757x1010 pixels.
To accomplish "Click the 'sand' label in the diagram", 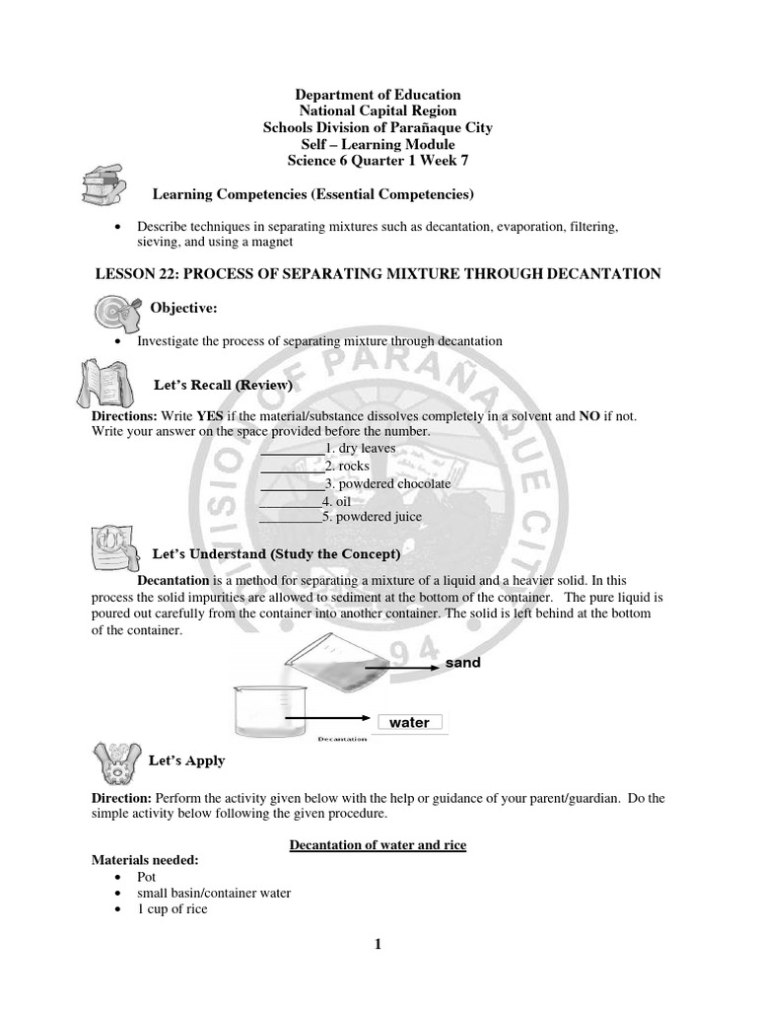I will pyautogui.click(x=462, y=663).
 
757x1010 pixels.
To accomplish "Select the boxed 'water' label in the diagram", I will pyautogui.click(x=409, y=722).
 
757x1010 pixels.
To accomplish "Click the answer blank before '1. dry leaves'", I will pyautogui.click(x=292, y=449).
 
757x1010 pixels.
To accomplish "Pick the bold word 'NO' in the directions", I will pyautogui.click(x=589, y=417).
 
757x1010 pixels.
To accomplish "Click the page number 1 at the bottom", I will pyautogui.click(x=377, y=945).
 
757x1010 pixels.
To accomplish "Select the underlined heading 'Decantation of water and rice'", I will pyautogui.click(x=378, y=845).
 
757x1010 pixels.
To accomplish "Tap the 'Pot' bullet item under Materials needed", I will pyautogui.click(x=147, y=876).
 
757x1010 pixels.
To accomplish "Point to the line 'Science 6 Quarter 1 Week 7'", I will pyautogui.click(x=378, y=162).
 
